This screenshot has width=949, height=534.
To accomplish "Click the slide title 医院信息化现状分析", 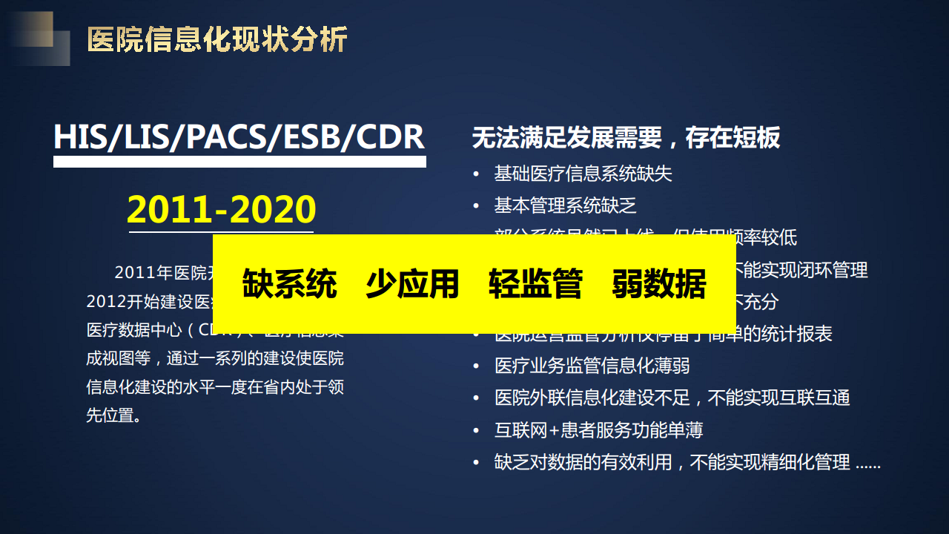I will (x=216, y=39).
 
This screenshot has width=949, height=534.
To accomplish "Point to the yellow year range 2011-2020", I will (x=221, y=209).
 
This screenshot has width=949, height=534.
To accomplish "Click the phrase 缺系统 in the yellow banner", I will (x=289, y=284).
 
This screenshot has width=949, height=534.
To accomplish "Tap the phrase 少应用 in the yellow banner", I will (x=412, y=284).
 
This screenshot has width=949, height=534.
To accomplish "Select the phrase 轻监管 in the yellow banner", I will (x=535, y=284).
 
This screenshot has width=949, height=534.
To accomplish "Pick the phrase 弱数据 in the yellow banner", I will (x=658, y=284).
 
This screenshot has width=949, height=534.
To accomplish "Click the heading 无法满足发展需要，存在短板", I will (x=626, y=138).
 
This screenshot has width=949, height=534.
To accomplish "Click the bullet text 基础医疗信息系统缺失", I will (x=583, y=174).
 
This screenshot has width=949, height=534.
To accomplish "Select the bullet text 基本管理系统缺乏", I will (x=565, y=206).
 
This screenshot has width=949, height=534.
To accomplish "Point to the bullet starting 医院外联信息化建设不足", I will (x=672, y=398).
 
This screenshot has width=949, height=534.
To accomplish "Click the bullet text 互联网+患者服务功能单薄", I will (x=598, y=430).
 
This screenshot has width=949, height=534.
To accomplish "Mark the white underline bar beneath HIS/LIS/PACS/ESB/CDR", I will (x=239, y=161).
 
